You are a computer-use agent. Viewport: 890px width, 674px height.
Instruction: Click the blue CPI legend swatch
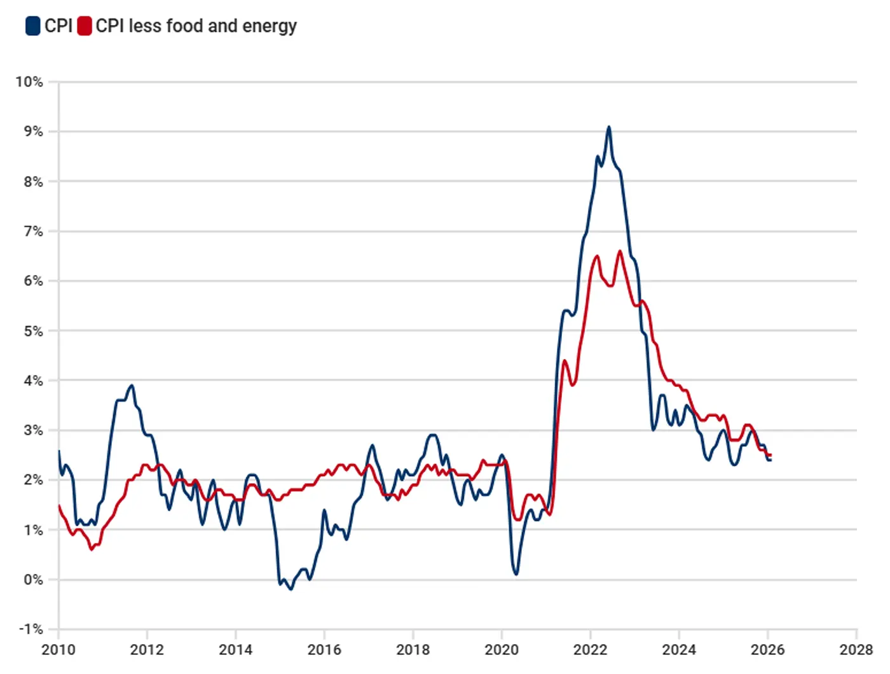click(x=32, y=26)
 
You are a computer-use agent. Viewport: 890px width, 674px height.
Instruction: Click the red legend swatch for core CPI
click(x=84, y=26)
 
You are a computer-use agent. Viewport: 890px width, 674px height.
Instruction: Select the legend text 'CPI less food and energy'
click(x=196, y=26)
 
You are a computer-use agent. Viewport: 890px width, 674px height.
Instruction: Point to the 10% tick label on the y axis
click(x=29, y=81)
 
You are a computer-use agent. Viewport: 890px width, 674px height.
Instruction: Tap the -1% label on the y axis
click(x=31, y=629)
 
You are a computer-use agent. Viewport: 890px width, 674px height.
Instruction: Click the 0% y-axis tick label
click(x=33, y=579)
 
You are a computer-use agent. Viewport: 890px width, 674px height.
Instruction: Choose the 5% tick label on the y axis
click(x=33, y=331)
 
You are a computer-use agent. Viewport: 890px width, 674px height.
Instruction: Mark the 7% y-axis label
click(x=33, y=231)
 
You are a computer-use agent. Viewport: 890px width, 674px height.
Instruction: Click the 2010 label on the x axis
click(x=58, y=650)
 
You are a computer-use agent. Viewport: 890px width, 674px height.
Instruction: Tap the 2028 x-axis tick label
click(x=856, y=650)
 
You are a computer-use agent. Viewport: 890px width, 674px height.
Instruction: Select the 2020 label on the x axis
click(x=502, y=650)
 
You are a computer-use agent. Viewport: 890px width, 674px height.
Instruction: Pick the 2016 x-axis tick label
click(x=324, y=650)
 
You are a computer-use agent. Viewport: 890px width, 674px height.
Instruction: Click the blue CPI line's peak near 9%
click(x=609, y=127)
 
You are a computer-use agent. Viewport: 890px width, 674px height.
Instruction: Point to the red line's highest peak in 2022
click(x=620, y=251)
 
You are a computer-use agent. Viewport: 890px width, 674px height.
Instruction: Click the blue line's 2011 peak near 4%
click(x=132, y=385)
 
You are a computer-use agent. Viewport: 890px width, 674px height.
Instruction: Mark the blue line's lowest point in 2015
click(x=291, y=589)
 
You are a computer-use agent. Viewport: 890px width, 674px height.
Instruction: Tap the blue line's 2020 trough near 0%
click(x=516, y=574)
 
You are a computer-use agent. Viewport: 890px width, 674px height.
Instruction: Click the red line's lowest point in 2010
click(x=92, y=549)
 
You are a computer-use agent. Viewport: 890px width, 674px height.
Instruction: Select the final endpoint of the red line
click(x=770, y=455)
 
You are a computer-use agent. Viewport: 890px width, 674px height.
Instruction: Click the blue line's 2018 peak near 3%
click(x=433, y=435)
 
